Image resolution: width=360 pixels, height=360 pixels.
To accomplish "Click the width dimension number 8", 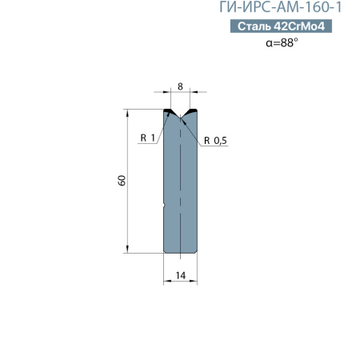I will [181, 85].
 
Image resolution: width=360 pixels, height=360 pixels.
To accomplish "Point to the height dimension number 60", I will [121, 181].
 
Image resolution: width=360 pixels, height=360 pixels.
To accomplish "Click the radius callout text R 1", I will [146, 139].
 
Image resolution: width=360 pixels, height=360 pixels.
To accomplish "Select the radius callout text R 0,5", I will [215, 140].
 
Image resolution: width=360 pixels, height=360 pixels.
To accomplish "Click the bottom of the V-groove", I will [181, 118].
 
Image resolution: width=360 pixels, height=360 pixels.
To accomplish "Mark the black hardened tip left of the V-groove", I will [170, 111].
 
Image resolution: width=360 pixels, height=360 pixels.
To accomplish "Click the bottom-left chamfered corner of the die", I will [166, 251].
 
